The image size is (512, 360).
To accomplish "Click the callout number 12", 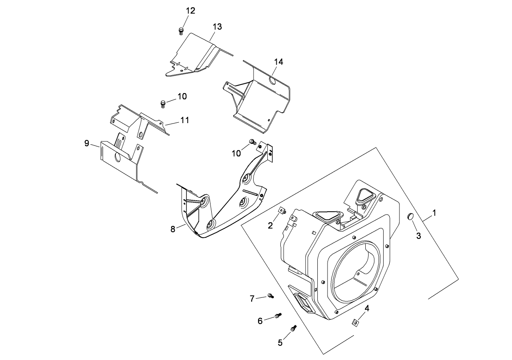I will coord(190,11).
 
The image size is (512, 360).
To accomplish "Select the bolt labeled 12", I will coord(181,30).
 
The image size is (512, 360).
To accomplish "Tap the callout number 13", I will coord(217,27).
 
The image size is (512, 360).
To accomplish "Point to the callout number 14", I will coord(278,62).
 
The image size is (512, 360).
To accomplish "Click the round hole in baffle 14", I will coord(273,81).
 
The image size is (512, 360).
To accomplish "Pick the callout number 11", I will coord(184,120).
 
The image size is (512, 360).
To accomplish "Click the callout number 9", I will coord(87,143).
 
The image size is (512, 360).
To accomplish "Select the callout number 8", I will coord(173,229).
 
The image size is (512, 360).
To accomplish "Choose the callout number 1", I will coord(434,213).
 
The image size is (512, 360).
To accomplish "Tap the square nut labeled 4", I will coord(356,323).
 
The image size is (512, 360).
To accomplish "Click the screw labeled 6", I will coord(278,315).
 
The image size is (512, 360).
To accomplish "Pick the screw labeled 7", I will coord(270,296).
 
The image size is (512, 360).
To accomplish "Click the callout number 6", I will coord(260,321).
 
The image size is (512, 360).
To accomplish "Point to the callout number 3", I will coord(418,235).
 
